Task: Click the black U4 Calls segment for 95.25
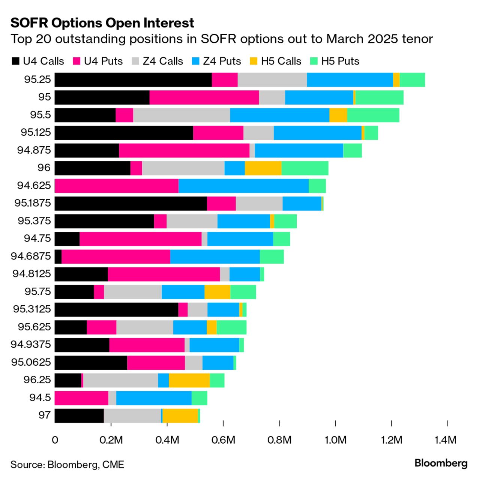pos(133,79)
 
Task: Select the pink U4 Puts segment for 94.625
pos(117,186)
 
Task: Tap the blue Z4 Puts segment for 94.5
pos(154,398)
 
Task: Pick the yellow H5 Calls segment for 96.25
pos(189,380)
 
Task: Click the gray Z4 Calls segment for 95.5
pos(182,115)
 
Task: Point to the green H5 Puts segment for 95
pos(379,97)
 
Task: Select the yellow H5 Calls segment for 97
pos(180,416)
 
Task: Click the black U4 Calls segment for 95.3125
pos(116,310)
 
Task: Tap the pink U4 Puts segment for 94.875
pos(184,150)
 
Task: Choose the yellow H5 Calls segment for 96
pos(263,168)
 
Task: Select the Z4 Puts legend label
pos(222,61)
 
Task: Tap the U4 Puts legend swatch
pos(77,61)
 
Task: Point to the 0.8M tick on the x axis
pos(279,424)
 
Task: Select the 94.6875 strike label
pos(31,256)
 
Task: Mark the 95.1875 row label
pos(33,203)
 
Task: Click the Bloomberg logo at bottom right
pos(441,463)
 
